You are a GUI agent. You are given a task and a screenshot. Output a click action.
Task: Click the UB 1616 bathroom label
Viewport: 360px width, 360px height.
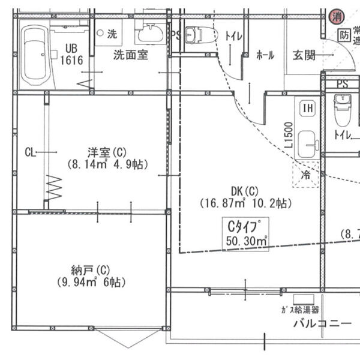point(71,55)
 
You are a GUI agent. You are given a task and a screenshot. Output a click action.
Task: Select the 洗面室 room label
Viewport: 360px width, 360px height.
point(131,55)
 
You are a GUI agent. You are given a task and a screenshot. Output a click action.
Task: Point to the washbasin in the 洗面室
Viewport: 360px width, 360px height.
point(149,34)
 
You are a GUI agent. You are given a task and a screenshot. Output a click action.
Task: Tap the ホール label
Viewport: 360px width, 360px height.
point(265,55)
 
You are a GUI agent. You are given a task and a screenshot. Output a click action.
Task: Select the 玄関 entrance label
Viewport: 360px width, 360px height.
point(304,55)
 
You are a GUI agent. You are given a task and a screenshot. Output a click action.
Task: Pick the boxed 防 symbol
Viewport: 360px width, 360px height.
point(344,35)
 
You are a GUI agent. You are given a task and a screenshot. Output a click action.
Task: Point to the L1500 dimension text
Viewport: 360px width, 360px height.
point(289,135)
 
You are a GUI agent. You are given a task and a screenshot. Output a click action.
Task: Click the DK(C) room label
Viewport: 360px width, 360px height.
point(245,191)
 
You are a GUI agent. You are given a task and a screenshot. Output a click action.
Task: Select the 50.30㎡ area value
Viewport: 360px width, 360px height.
point(247,241)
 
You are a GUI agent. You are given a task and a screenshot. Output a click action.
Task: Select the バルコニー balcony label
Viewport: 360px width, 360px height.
point(322,325)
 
